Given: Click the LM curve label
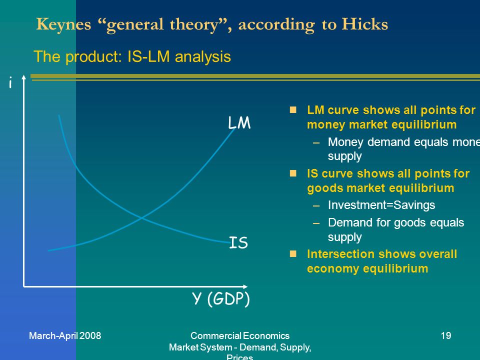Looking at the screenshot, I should (x=239, y=123).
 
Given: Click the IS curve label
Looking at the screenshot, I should (x=238, y=243).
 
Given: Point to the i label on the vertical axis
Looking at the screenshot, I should (x=10, y=83).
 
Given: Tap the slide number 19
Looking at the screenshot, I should (x=446, y=336).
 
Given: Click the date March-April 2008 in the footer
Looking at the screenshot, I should (x=65, y=336).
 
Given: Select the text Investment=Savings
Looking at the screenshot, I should (x=381, y=205).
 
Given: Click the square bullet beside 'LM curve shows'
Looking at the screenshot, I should (x=293, y=109).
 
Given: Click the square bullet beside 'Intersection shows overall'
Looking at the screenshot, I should (x=293, y=254).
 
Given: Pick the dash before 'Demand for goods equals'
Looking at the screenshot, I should (x=315, y=223).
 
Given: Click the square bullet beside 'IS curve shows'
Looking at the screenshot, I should (x=293, y=173).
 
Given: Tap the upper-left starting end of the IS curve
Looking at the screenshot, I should (x=59, y=115).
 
